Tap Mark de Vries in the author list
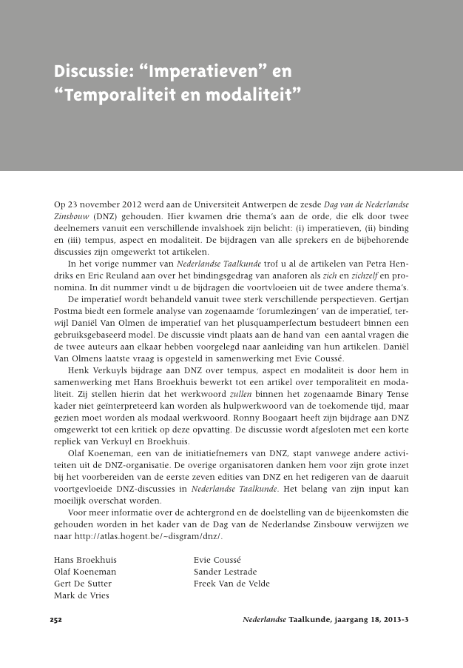point(81,595)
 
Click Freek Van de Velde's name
point(231,584)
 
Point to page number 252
point(55,619)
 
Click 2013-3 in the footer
point(393,619)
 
